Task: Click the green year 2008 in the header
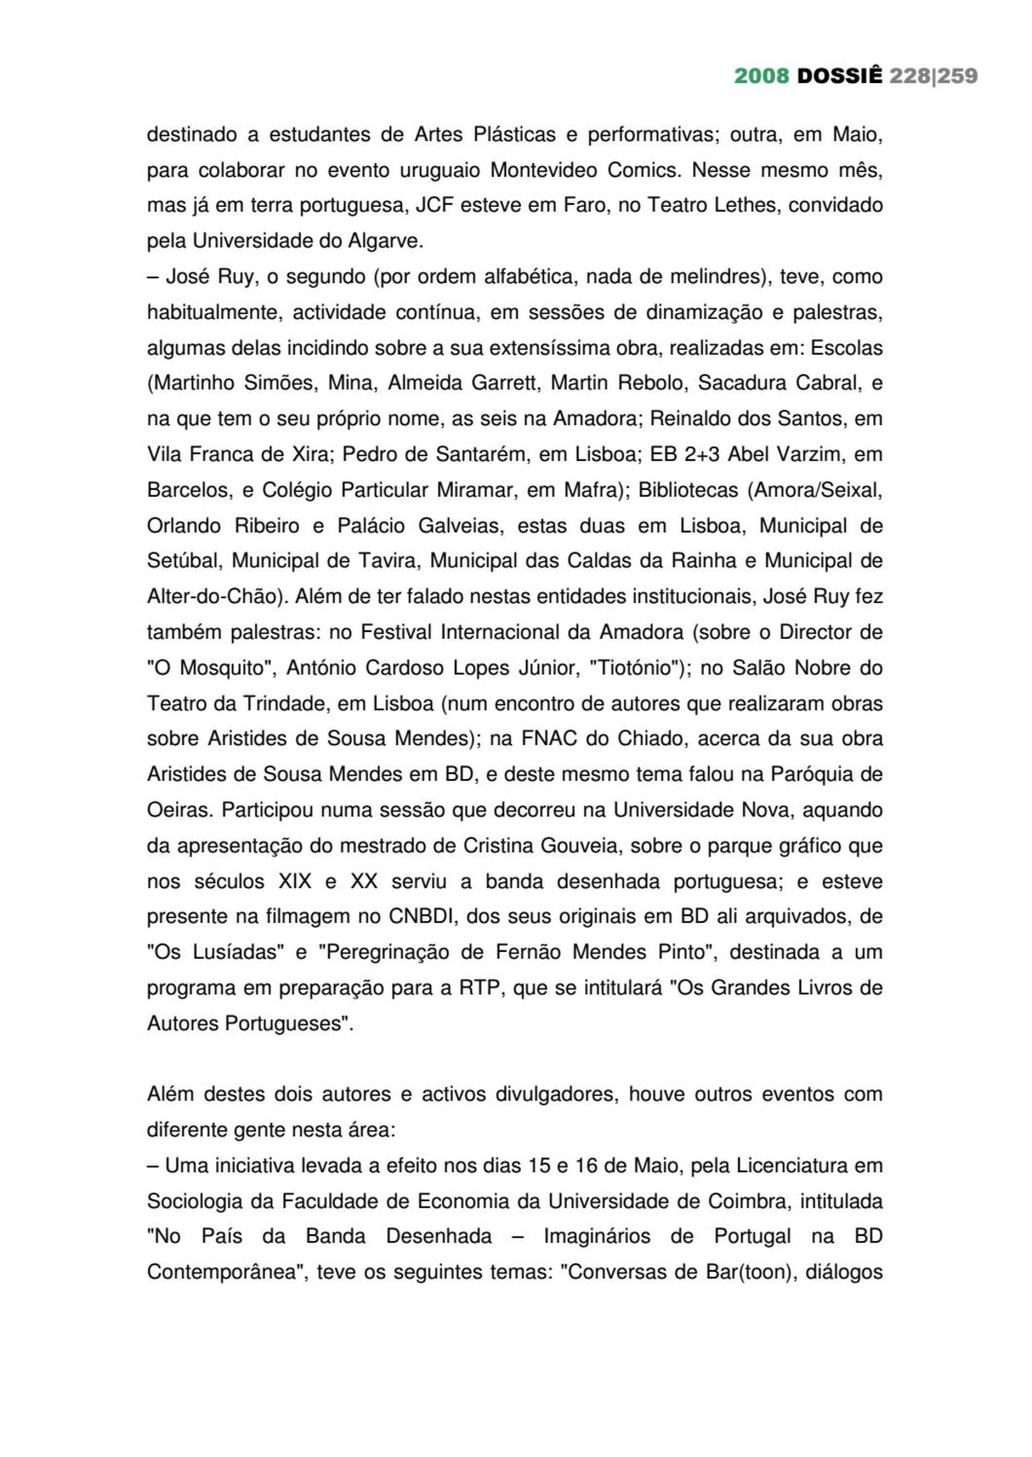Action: pyautogui.click(x=761, y=76)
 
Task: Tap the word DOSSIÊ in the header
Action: pyautogui.click(x=839, y=76)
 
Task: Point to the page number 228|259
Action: pyautogui.click(x=933, y=76)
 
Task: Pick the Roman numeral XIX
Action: pyautogui.click(x=295, y=881)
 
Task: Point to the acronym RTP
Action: pyautogui.click(x=478, y=988)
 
